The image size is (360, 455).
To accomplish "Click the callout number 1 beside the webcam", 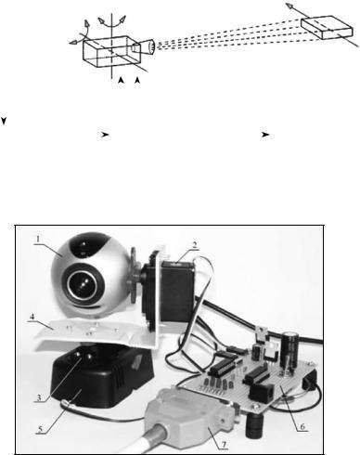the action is click(x=38, y=239).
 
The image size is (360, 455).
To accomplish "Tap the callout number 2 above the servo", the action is click(x=194, y=245).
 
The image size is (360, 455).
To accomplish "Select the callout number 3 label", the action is click(x=39, y=397).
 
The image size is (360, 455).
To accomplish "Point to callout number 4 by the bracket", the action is click(x=32, y=317).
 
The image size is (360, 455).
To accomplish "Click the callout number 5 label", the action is click(x=40, y=429).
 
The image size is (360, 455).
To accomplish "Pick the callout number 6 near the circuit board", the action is click(x=302, y=427).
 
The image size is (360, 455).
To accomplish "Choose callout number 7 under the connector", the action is click(x=224, y=445).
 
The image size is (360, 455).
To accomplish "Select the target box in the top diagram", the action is click(x=327, y=27).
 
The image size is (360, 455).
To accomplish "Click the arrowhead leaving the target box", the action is click(x=289, y=6).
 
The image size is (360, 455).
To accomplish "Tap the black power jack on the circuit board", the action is click(x=262, y=392).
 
